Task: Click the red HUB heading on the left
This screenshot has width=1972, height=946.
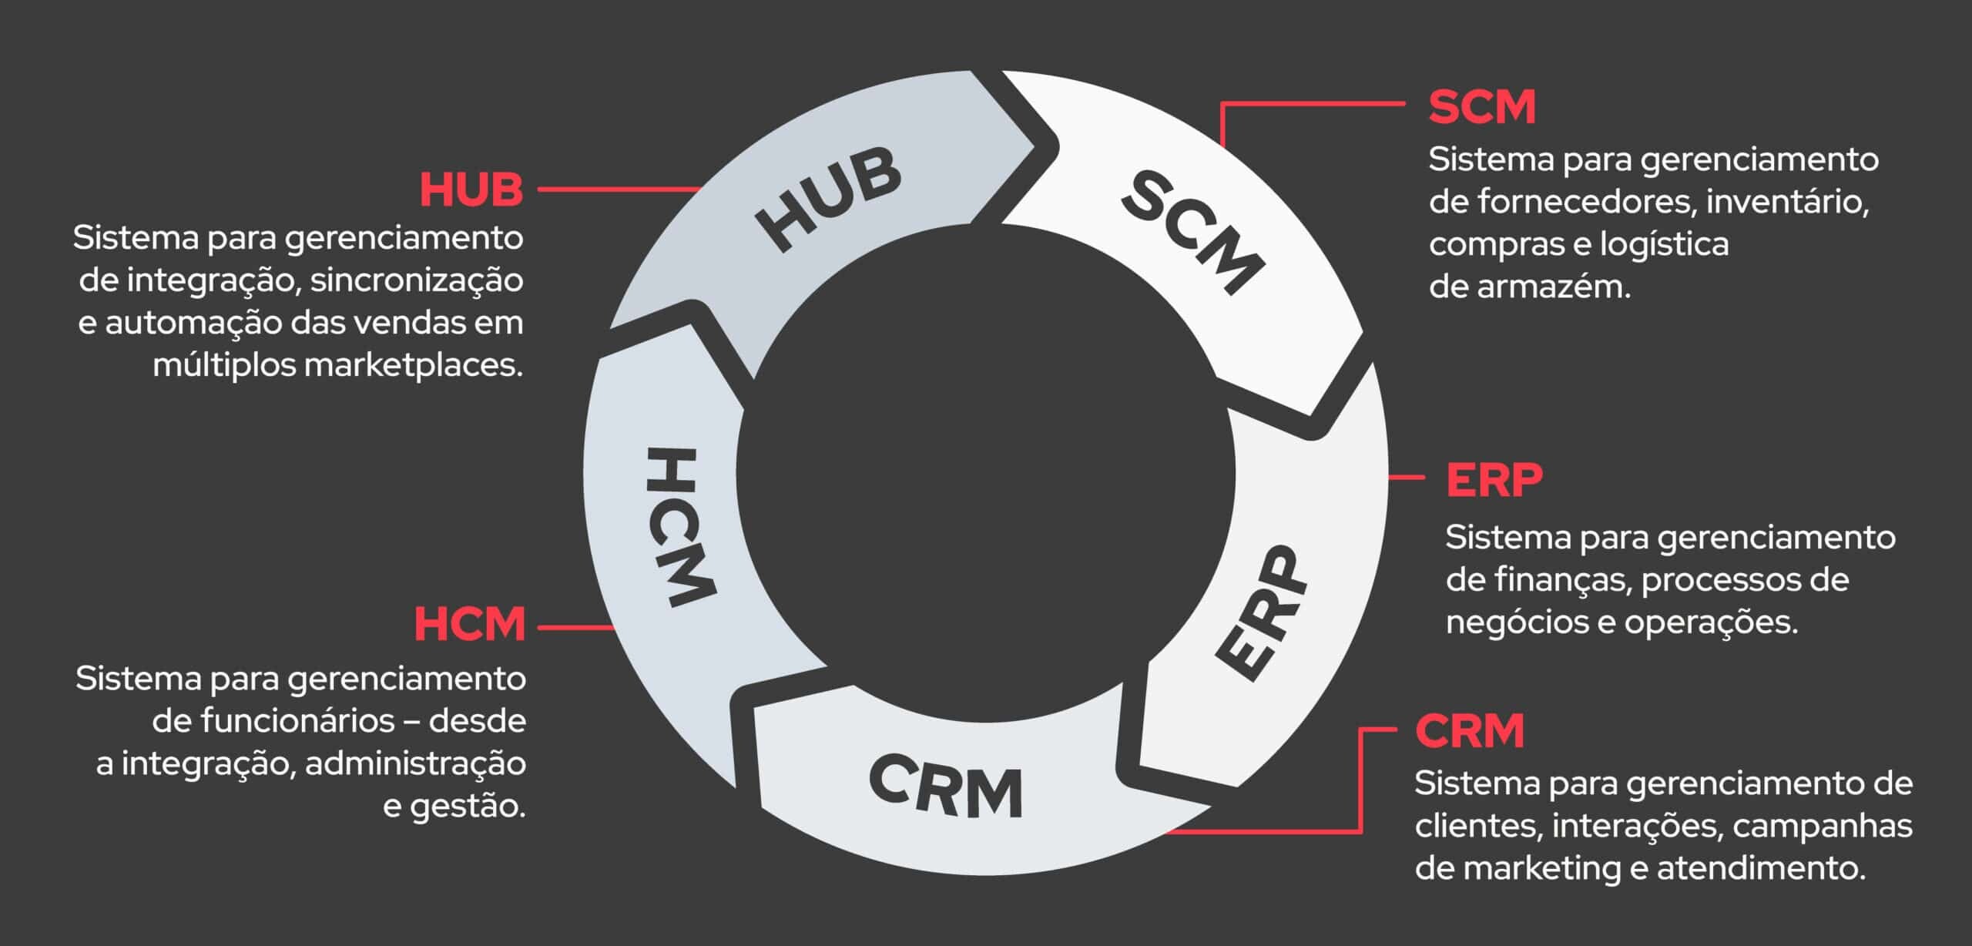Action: click(471, 190)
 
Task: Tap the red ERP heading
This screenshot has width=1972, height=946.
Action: click(1494, 480)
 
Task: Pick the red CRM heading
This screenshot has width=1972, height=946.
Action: click(1470, 731)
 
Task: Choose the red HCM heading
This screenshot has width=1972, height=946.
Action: click(470, 624)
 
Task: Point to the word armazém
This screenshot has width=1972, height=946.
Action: click(1552, 287)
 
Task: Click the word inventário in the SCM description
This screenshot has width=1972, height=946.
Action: click(1787, 202)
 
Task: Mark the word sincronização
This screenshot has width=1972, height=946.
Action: click(417, 280)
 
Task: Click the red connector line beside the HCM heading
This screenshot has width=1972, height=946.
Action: click(575, 628)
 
